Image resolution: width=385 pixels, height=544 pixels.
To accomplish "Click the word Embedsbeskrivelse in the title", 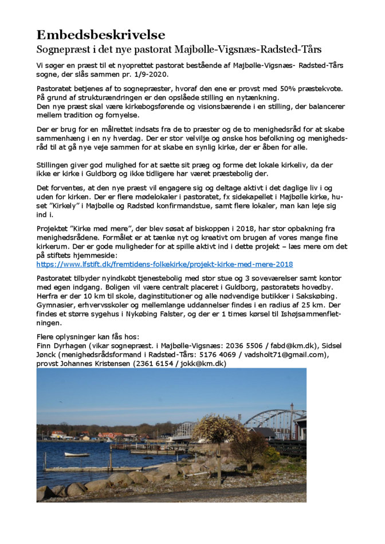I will pos(101,35).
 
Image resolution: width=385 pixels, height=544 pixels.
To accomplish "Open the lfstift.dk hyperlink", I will pos(164,265).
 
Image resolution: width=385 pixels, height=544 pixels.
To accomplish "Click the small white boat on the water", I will pos(76,454).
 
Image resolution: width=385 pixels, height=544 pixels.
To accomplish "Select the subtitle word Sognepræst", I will pos(61,50).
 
